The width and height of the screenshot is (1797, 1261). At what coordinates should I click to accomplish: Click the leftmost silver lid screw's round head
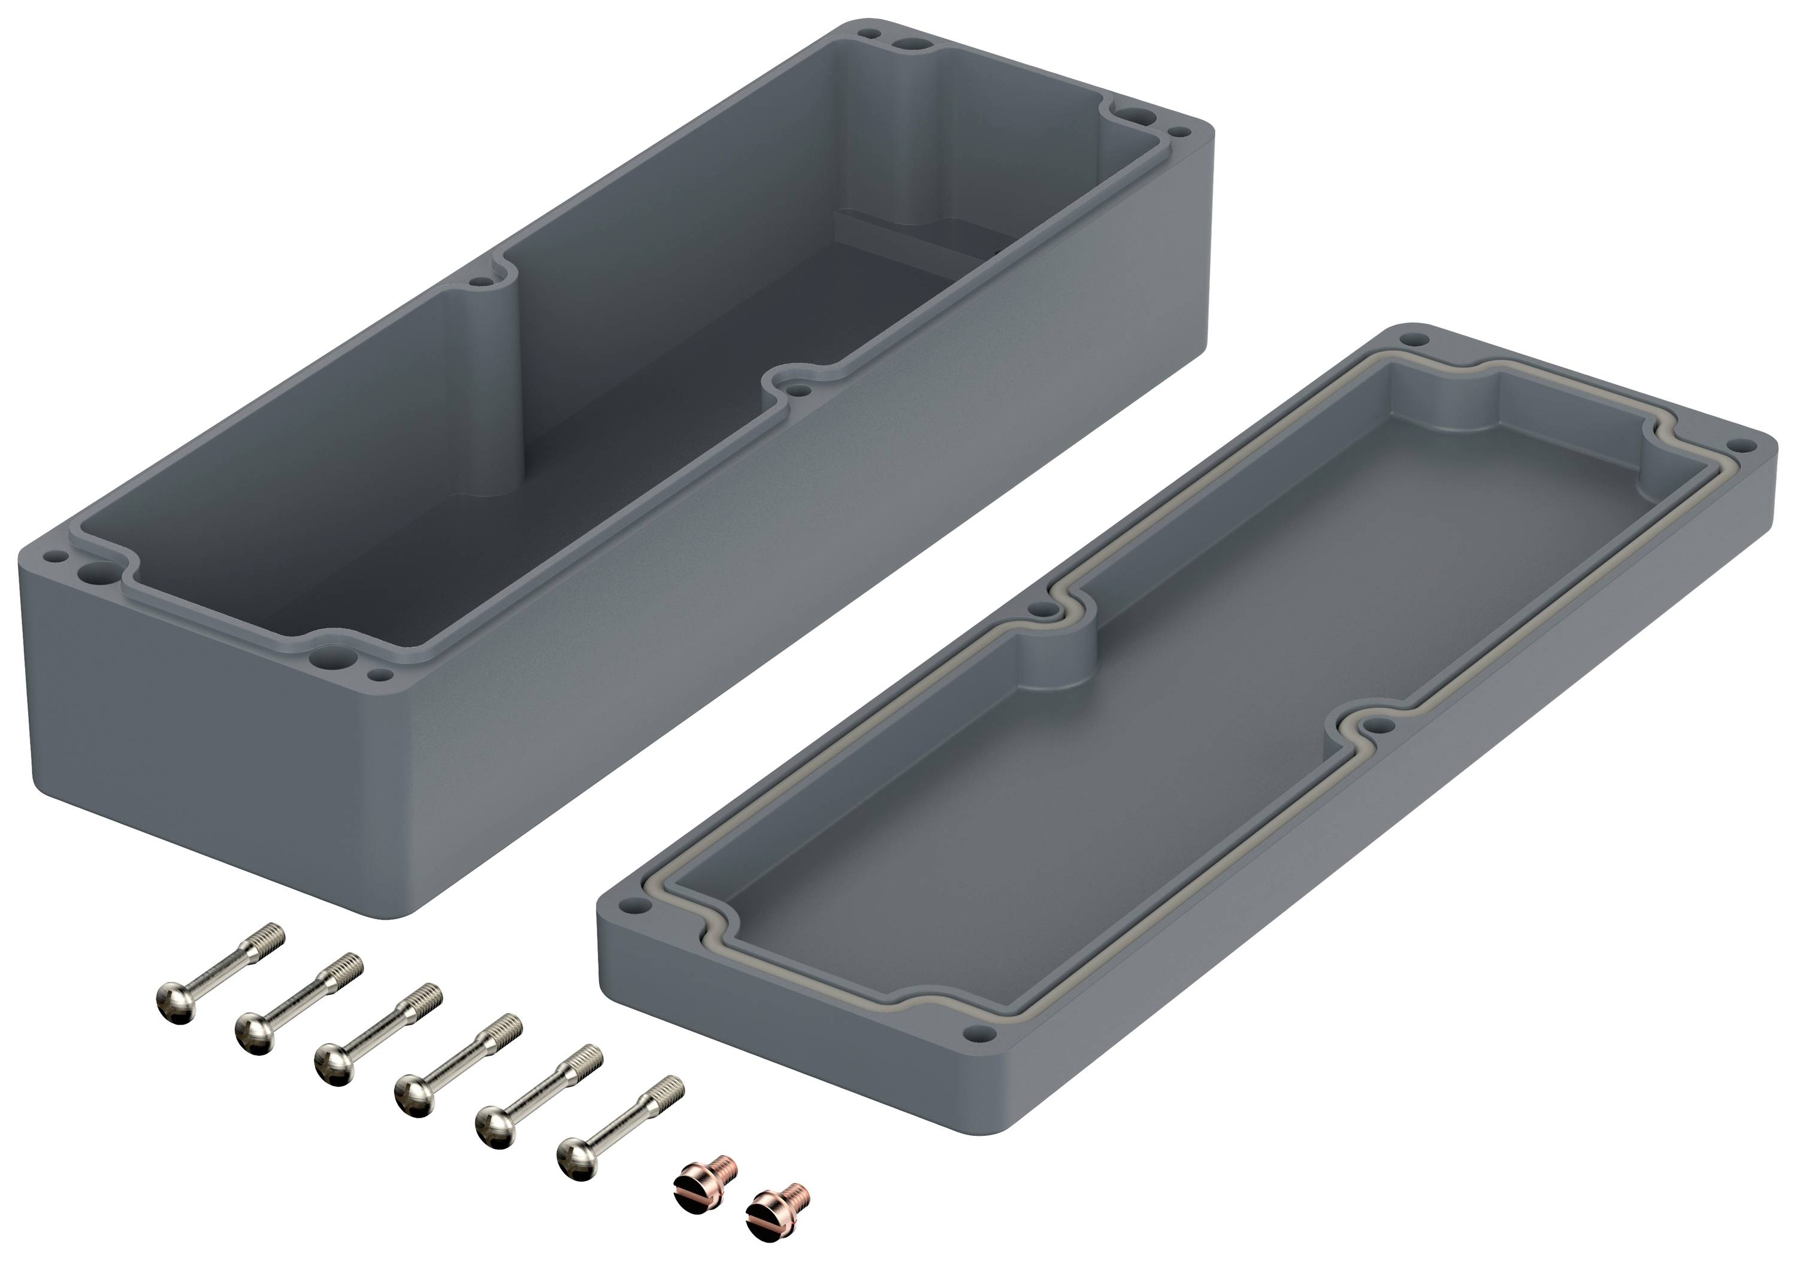(176, 1004)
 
